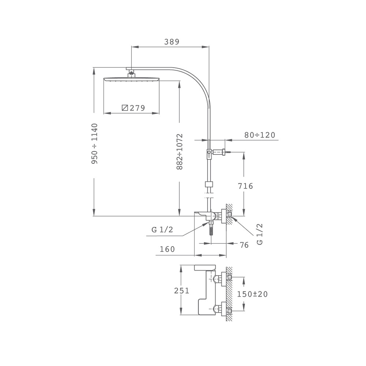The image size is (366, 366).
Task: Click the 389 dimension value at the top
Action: click(172, 42)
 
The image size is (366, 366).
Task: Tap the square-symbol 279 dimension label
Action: click(134, 108)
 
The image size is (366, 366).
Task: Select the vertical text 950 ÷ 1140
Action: click(94, 143)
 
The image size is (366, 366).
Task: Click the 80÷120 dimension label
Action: click(260, 135)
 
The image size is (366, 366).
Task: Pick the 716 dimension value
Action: click(245, 186)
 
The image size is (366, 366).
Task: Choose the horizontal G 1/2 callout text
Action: click(162, 230)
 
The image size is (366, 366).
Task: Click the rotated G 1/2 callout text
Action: click(260, 234)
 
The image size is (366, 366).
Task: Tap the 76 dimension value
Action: click(244, 245)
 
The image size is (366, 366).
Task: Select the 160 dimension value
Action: click(167, 249)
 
